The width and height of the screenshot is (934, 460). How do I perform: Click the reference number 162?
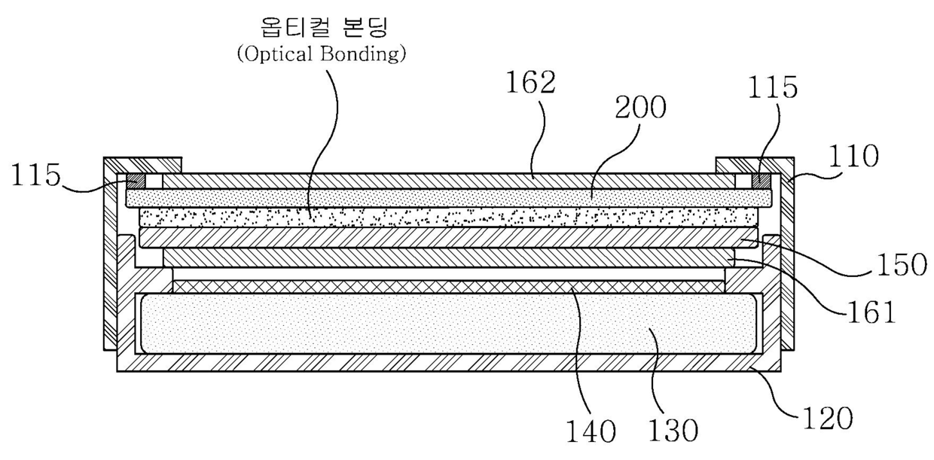point(531,83)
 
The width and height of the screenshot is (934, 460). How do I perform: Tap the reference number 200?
point(640,108)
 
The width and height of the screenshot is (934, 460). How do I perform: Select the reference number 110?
point(853,157)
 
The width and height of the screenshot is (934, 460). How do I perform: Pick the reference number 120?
point(828,418)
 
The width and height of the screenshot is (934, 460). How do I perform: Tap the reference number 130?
point(673,430)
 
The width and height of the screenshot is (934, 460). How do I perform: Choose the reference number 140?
point(591,431)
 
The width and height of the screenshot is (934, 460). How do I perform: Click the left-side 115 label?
point(36,175)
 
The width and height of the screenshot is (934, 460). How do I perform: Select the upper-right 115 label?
point(773,87)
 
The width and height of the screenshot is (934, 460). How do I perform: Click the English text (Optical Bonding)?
point(322,55)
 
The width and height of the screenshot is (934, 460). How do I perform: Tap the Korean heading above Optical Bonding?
point(324,28)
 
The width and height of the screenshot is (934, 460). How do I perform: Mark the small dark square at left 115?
point(136,181)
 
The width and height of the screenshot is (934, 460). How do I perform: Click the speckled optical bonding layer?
point(448,217)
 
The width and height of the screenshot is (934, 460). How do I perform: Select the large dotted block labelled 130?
point(448,324)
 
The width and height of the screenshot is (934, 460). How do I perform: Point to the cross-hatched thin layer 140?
point(448,287)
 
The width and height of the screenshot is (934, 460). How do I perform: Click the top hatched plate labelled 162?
point(448,181)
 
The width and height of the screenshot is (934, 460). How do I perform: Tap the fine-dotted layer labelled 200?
point(449,198)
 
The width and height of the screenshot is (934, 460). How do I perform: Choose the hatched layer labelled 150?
point(448,237)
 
